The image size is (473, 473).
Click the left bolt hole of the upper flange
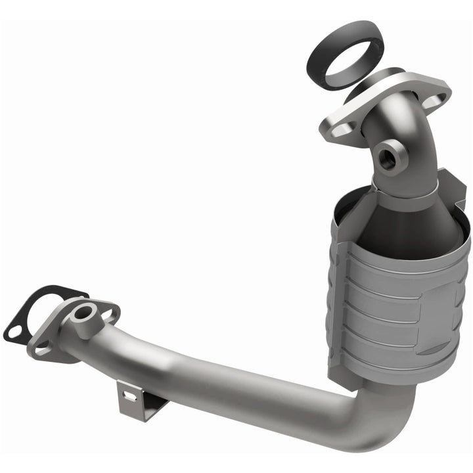(x=339, y=130)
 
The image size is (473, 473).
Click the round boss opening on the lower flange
(x=83, y=313)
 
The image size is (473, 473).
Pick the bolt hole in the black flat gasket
(x=14, y=332)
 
